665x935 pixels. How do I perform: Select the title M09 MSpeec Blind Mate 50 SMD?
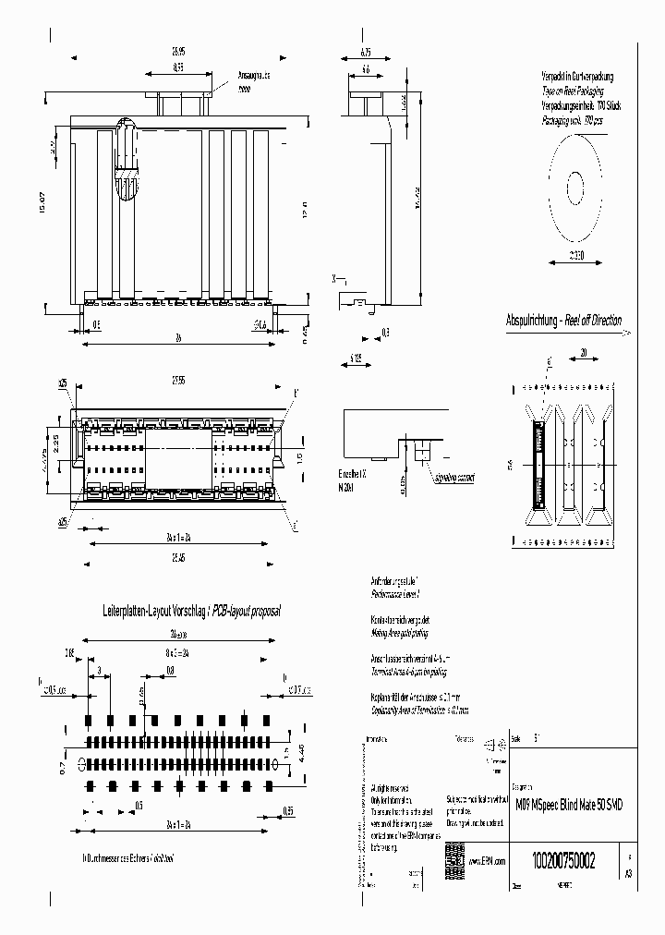pos(568,805)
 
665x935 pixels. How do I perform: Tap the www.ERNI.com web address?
pos(485,860)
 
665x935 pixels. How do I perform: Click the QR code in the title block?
pos(453,855)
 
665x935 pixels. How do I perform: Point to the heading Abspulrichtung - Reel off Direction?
pos(563,321)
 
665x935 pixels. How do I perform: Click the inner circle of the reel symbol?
pos(574,188)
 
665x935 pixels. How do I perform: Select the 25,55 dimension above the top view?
pos(180,380)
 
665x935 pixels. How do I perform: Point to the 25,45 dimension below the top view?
pos(179,557)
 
